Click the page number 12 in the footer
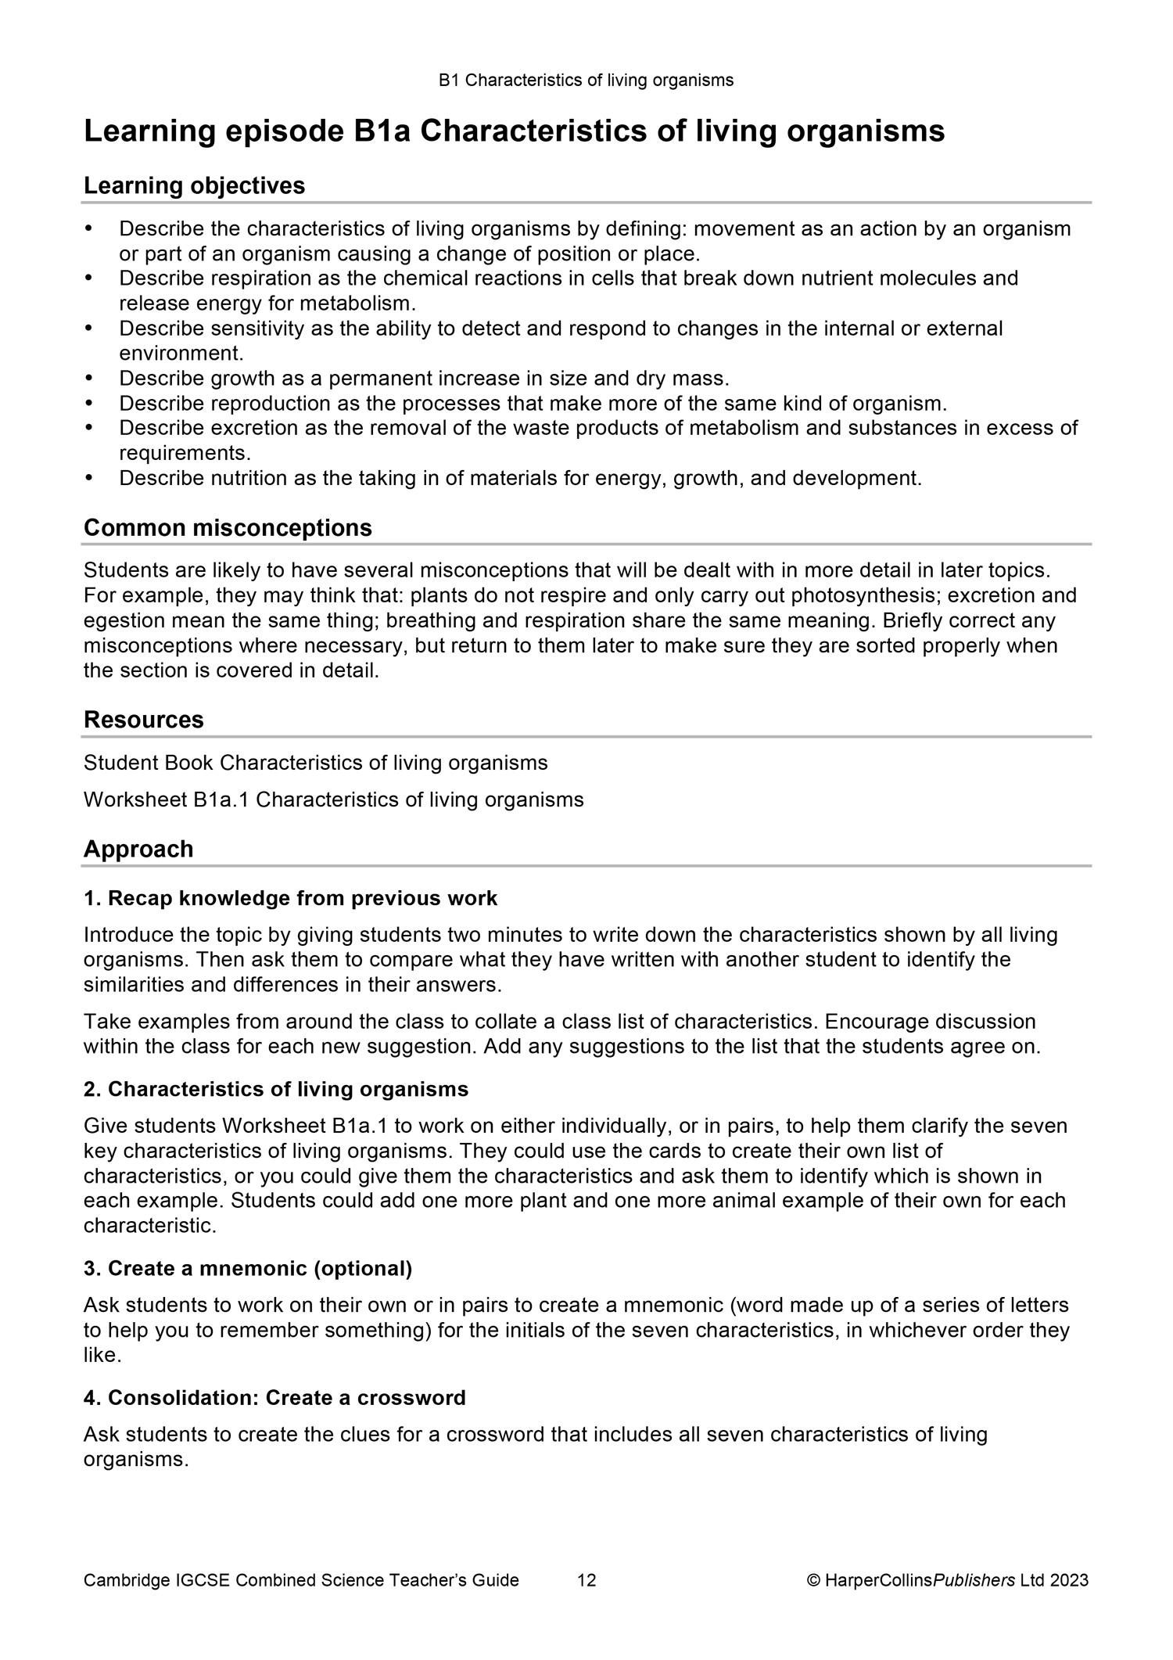pos(586,1580)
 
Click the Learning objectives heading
pos(194,186)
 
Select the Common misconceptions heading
pos(228,528)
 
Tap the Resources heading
pos(143,720)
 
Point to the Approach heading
pos(138,849)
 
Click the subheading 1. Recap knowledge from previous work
pos(290,898)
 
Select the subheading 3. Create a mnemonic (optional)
pos(247,1268)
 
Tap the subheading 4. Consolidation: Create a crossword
pos(274,1398)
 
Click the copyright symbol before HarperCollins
pos(813,1580)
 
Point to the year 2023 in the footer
pos(1069,1580)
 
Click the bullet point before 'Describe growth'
pos(88,379)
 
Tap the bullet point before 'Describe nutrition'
pos(88,478)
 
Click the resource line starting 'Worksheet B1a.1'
pos(333,799)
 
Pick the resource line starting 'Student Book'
pos(315,762)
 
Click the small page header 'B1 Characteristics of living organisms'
pos(586,80)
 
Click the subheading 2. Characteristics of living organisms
pos(276,1089)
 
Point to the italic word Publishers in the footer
pos(974,1580)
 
